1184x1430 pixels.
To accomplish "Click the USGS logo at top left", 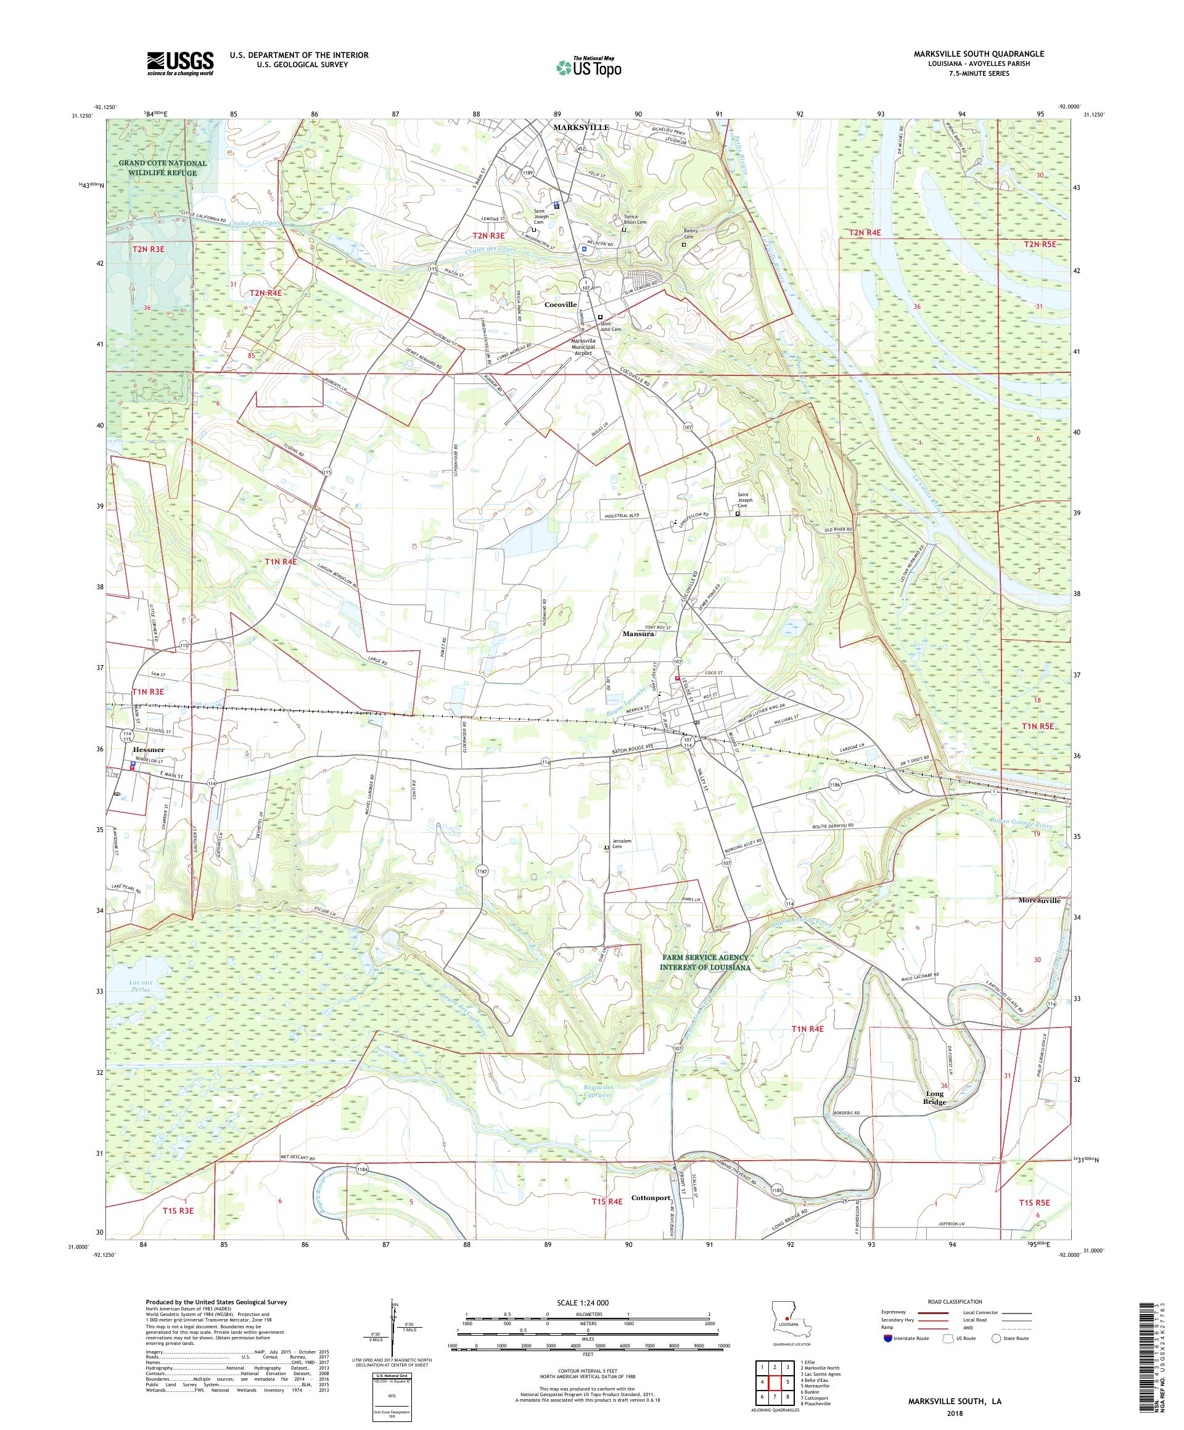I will pyautogui.click(x=181, y=63).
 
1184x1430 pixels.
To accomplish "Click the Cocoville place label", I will pyautogui.click(x=560, y=305).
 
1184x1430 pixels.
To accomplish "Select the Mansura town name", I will pyautogui.click(x=638, y=633).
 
